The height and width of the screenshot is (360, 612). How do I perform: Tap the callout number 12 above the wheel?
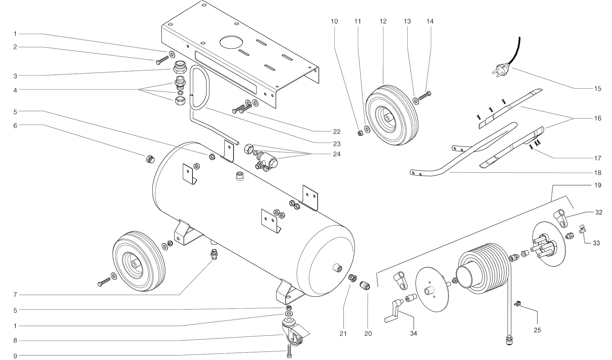pyautogui.click(x=383, y=21)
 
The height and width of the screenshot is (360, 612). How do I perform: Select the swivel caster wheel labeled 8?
pyautogui.click(x=293, y=333)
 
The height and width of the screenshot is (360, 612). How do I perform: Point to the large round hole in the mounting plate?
pyautogui.click(x=231, y=42)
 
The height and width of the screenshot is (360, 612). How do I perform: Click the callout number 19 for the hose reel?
pyautogui.click(x=598, y=185)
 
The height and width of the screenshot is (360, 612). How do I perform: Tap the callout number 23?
pyautogui.click(x=337, y=144)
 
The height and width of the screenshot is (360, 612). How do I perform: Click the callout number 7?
pyautogui.click(x=15, y=295)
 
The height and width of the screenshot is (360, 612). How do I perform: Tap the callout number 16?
pyautogui.click(x=598, y=118)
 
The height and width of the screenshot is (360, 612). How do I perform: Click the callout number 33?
pyautogui.click(x=596, y=243)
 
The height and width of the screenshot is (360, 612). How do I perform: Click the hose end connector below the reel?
pyautogui.click(x=509, y=341)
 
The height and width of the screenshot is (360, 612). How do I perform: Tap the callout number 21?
pyautogui.click(x=343, y=333)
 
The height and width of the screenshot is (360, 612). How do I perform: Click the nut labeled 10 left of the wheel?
pyautogui.click(x=360, y=133)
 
